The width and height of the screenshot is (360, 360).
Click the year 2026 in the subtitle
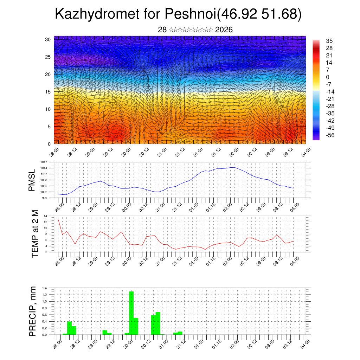tap(224, 30)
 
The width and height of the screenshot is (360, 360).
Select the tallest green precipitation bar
tap(131, 313)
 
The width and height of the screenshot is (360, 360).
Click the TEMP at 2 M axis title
tap(35, 233)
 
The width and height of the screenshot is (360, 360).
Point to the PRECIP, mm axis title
tap(33, 311)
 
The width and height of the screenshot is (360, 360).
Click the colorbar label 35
tap(329, 41)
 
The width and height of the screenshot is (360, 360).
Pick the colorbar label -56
tap(331, 135)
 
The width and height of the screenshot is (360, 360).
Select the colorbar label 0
tap(328, 77)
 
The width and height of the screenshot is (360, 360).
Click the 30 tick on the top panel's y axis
tap(48, 39)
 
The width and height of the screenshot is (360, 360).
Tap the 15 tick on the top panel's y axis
tap(48, 92)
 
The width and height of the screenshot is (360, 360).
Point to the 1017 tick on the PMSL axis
tap(44, 162)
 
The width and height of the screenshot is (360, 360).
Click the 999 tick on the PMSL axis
tap(45, 198)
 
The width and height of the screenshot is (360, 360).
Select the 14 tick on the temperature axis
tap(45, 216)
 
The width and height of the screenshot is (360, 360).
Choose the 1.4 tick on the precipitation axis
tap(45, 288)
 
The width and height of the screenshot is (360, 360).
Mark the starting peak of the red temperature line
tap(58, 220)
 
